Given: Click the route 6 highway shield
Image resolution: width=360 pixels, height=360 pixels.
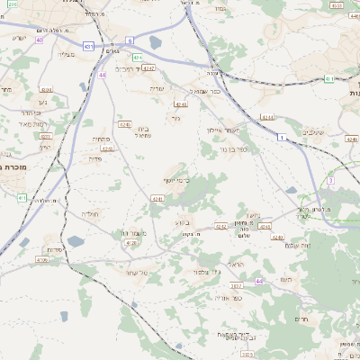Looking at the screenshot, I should point(130,40).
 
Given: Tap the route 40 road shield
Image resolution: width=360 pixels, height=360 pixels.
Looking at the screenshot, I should point(40,40).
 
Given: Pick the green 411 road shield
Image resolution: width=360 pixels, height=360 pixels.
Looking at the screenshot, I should point(22,197).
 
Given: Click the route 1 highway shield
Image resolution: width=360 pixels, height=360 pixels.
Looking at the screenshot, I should point(282,137).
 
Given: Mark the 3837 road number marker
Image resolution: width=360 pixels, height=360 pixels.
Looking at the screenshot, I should point(237,286).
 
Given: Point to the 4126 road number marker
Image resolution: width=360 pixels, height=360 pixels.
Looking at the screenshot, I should point(131,243).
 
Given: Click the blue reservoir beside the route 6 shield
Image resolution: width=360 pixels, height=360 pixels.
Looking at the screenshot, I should point(155,41).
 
